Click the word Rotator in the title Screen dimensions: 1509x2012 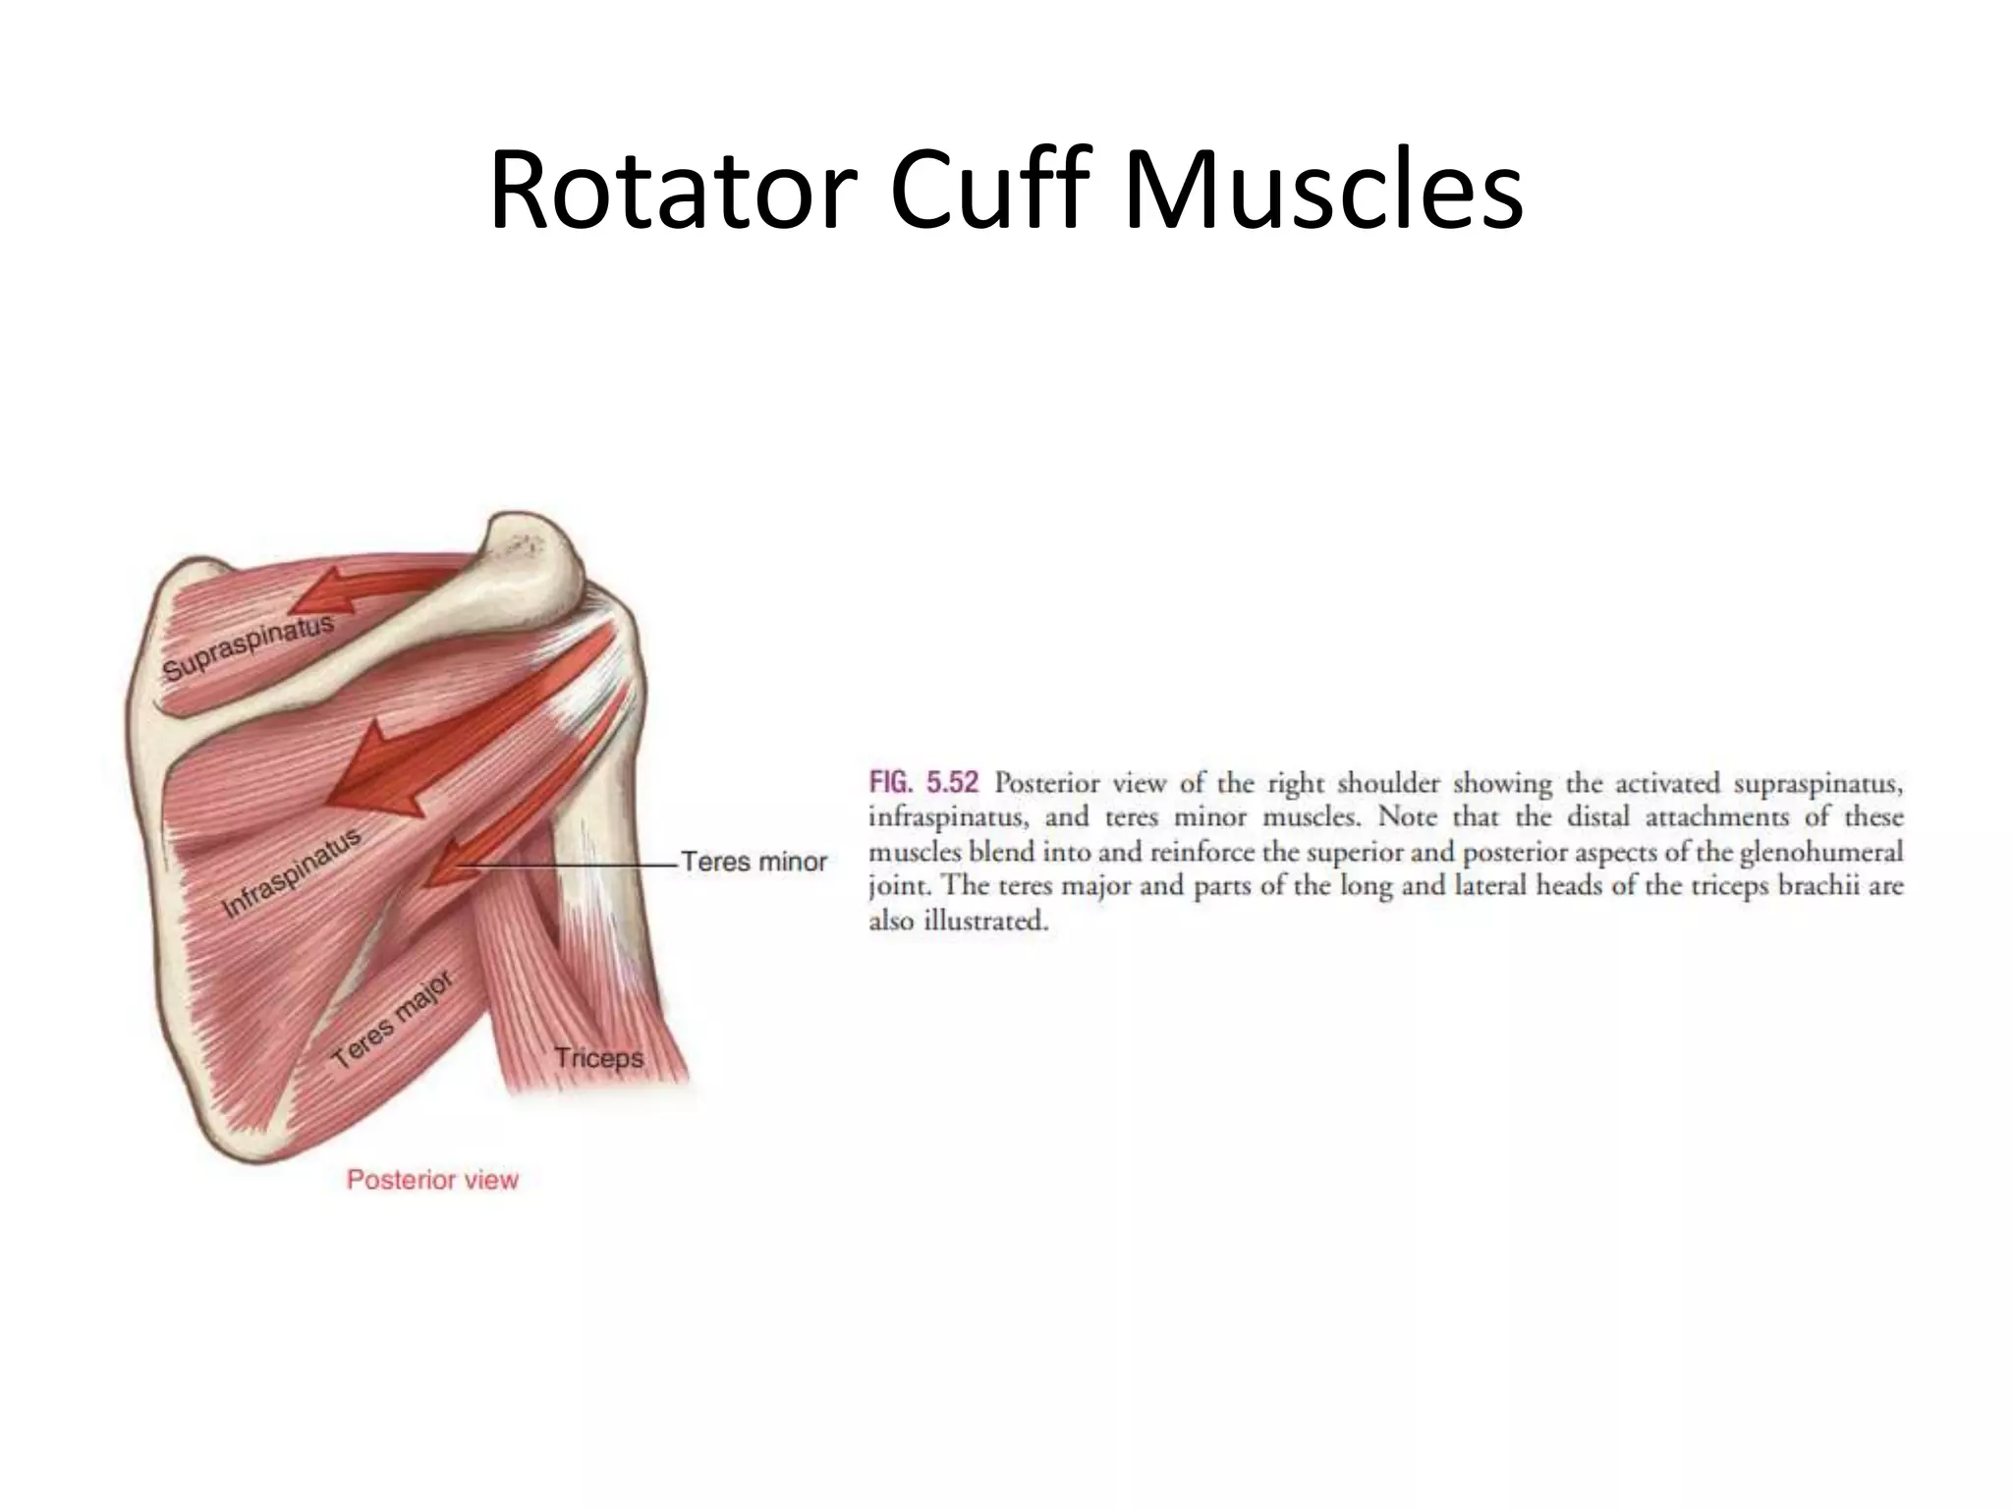[668, 192]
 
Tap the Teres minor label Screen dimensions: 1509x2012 [754, 862]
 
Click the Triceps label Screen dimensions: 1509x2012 [598, 1058]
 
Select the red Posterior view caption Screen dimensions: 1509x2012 [432, 1180]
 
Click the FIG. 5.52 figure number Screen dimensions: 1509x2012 [923, 784]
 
